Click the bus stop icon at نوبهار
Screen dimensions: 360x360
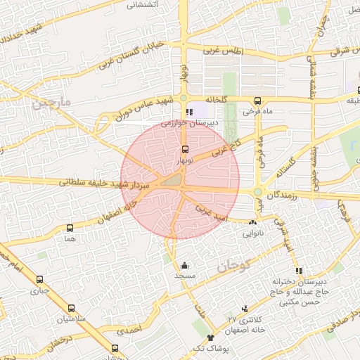click(x=185, y=149)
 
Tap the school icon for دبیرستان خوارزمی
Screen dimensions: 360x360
click(x=188, y=112)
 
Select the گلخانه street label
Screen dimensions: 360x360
click(x=215, y=99)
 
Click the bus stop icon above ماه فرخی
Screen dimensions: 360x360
click(x=258, y=101)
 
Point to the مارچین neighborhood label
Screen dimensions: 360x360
click(x=51, y=104)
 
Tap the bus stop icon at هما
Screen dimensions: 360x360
click(x=69, y=228)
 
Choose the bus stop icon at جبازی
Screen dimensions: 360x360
click(x=39, y=279)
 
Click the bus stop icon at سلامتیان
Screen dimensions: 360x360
click(x=71, y=308)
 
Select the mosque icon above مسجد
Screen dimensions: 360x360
click(x=184, y=266)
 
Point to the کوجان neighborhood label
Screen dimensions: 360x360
click(x=233, y=265)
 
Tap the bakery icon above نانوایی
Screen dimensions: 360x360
click(x=252, y=223)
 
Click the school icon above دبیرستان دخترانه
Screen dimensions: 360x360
click(x=299, y=271)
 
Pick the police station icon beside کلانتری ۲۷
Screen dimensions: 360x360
click(x=245, y=309)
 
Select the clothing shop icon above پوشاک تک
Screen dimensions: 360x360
click(x=210, y=337)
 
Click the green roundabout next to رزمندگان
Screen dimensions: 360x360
click(x=258, y=192)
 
